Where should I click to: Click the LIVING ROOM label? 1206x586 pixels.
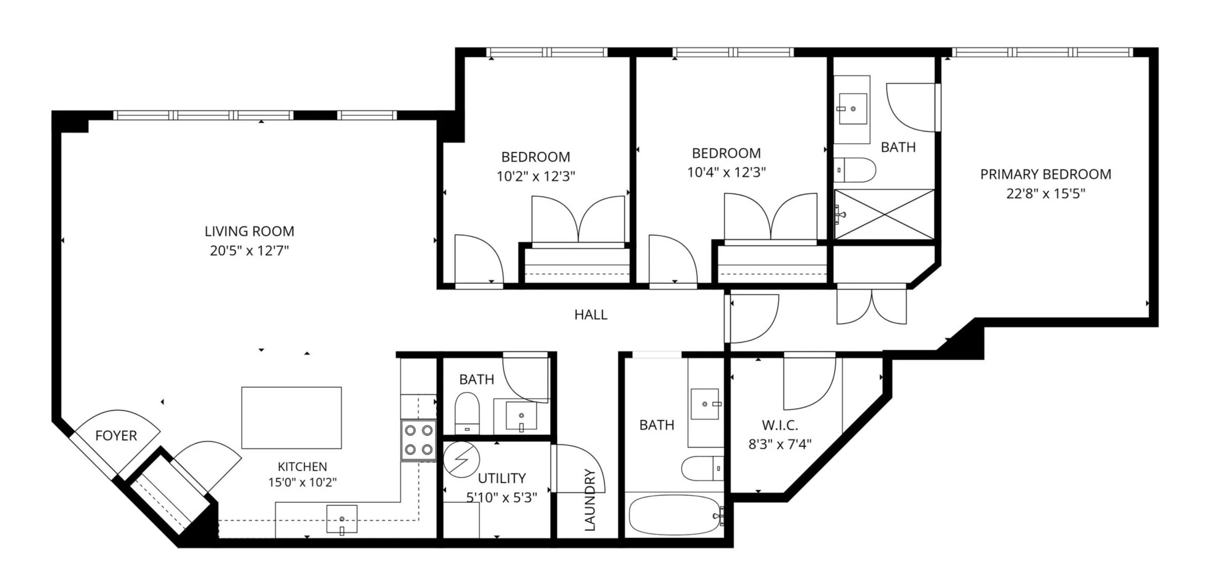[249, 231]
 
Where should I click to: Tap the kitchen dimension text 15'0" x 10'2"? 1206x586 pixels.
[302, 482]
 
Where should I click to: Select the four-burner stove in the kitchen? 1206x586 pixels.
[418, 440]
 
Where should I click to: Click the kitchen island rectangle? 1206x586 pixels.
[291, 418]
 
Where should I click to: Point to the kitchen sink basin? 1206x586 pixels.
[342, 519]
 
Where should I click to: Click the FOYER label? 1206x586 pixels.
[116, 436]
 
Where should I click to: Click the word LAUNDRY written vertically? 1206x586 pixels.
[590, 500]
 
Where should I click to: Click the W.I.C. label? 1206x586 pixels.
[780, 425]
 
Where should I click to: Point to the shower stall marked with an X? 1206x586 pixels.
[884, 214]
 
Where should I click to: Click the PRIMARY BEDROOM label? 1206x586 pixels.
[1045, 174]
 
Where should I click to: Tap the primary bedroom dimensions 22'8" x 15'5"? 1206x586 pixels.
[1045, 194]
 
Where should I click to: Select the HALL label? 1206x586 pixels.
[591, 315]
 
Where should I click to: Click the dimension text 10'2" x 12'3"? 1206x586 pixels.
[535, 176]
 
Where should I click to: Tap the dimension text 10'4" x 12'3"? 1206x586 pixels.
[726, 173]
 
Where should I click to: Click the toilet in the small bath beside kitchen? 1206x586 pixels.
[466, 413]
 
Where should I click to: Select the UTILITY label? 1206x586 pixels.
[501, 478]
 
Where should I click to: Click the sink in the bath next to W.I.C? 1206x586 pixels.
[705, 404]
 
